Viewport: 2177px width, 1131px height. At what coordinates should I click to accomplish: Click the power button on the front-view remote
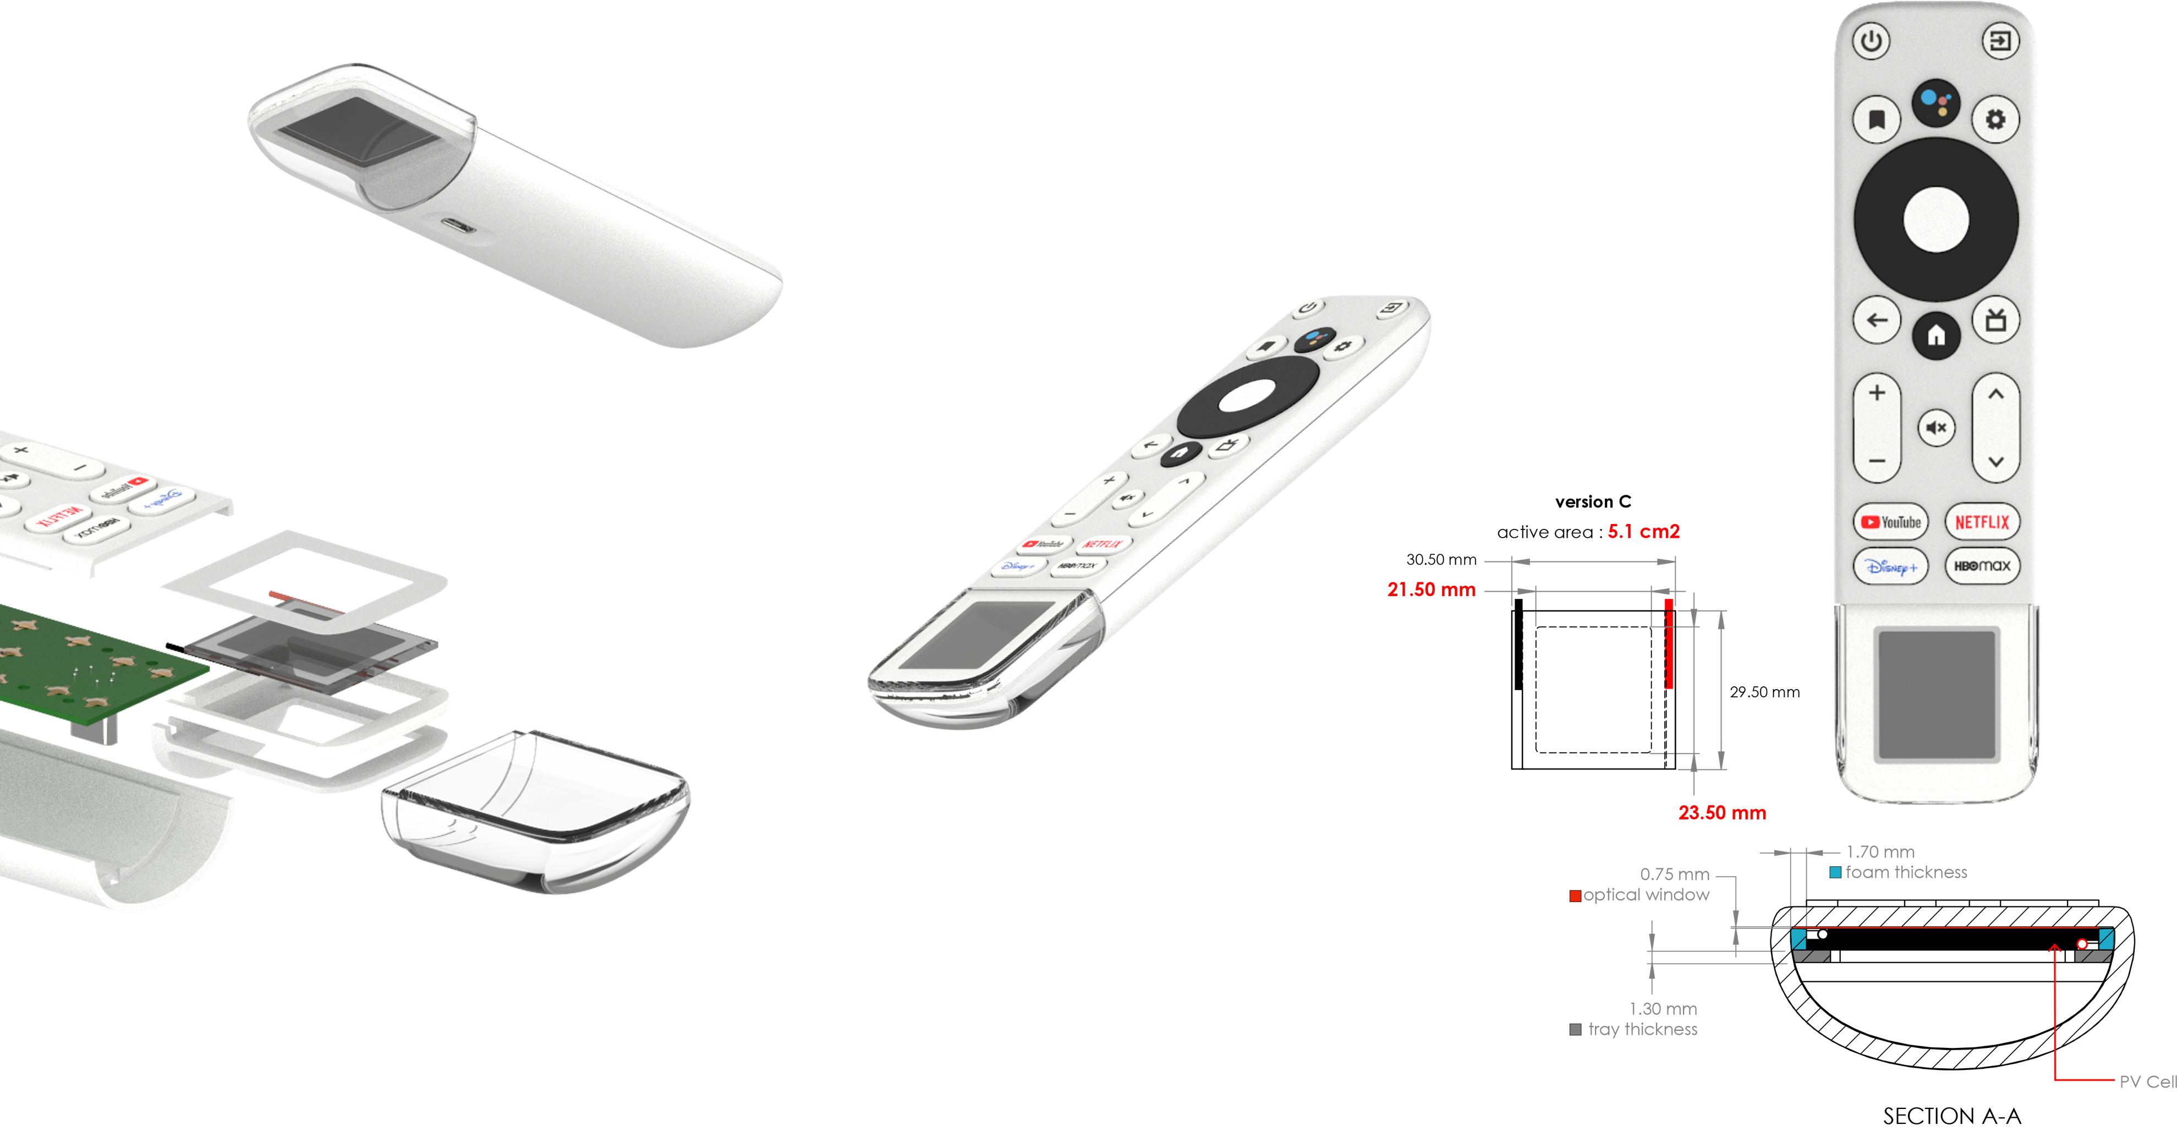(x=1871, y=41)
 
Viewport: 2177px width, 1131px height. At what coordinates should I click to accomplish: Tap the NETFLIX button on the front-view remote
(x=1982, y=522)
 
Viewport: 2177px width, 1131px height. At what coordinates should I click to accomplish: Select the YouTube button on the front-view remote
(x=1890, y=522)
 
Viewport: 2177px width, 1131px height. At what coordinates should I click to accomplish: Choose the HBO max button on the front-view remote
(x=1982, y=566)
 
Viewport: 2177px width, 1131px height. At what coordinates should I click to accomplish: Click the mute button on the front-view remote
(x=1936, y=428)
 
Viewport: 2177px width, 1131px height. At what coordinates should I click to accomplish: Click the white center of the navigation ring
(x=1935, y=220)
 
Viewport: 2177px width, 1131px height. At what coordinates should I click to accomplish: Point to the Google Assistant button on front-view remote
(x=1935, y=103)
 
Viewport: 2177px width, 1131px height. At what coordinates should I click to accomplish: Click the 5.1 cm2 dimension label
(x=1643, y=532)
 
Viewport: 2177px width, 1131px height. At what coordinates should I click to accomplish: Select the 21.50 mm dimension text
(x=1431, y=590)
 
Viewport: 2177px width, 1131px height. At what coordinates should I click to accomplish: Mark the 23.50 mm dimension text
(x=1721, y=813)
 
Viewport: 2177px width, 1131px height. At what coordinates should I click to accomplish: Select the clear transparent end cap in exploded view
(x=536, y=811)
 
